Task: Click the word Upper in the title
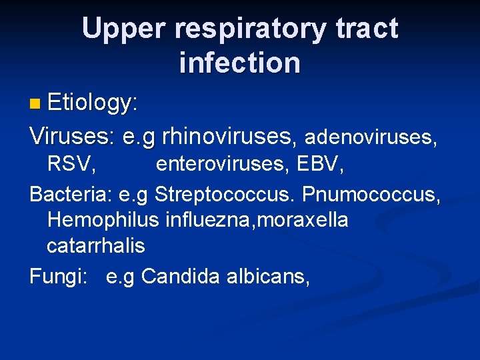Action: point(126,29)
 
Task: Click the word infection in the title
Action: point(239,63)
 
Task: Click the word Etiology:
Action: point(93,103)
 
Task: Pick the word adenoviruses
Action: point(370,137)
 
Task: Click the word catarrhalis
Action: point(95,245)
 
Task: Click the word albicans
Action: point(267,275)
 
